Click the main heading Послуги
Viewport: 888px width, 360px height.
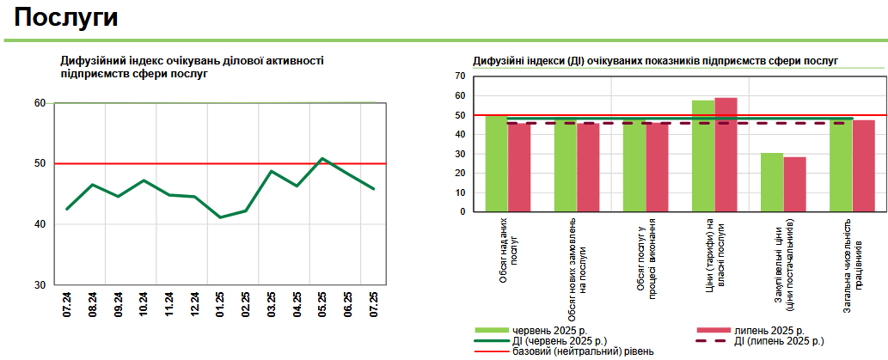pyautogui.click(x=66, y=18)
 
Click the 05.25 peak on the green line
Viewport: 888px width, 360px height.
pyautogui.click(x=322, y=159)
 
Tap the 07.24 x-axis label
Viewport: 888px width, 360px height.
pyautogui.click(x=67, y=305)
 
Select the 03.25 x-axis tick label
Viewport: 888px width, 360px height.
pyautogui.click(x=272, y=305)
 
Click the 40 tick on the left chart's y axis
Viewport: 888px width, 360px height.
pyautogui.click(x=40, y=224)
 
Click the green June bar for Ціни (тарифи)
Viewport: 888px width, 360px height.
pyautogui.click(x=703, y=156)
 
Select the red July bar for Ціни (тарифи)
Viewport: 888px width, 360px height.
pyautogui.click(x=726, y=155)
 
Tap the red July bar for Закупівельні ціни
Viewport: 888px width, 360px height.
pyautogui.click(x=794, y=184)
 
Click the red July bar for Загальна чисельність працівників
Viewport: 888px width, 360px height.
pyautogui.click(x=863, y=166)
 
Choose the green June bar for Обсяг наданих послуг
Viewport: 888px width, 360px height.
pyautogui.click(x=496, y=163)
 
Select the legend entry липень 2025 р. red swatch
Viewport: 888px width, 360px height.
pyautogui.click(x=712, y=330)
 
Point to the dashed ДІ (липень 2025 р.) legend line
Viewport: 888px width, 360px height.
pyautogui.click(x=712, y=340)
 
